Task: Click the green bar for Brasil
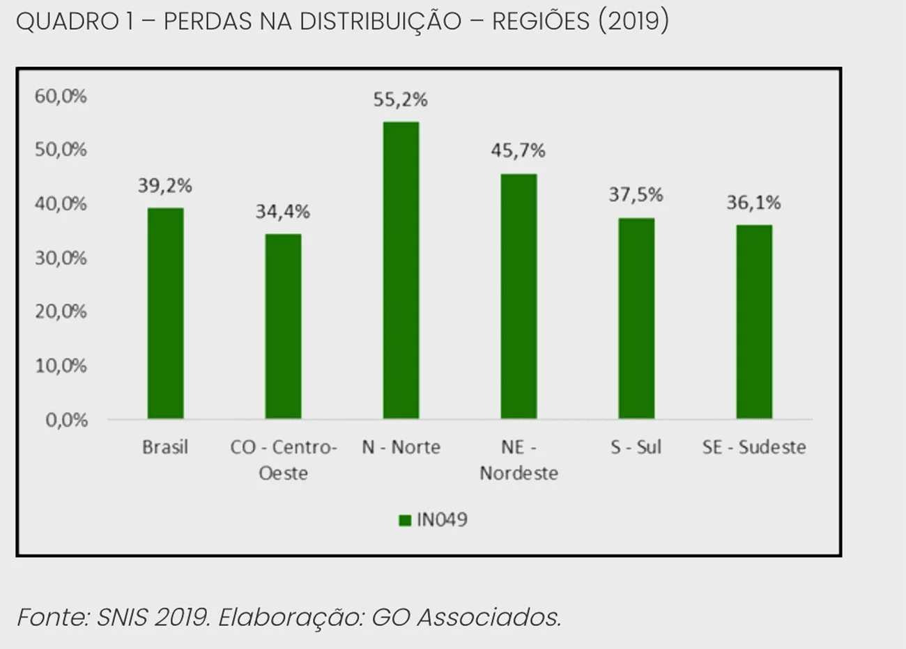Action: tap(165, 313)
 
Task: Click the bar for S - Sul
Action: tap(636, 318)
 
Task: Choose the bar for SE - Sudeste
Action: tap(754, 322)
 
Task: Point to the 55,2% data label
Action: tap(400, 100)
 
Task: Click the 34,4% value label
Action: tap(282, 212)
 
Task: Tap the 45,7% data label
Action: tap(518, 151)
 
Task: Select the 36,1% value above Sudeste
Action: tap(753, 203)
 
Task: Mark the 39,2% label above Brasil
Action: tap(164, 186)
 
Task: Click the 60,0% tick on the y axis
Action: tap(61, 96)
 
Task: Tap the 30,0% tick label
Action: tap(61, 258)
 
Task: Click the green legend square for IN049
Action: tap(405, 520)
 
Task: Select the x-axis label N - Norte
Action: tap(401, 447)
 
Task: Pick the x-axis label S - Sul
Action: tap(636, 447)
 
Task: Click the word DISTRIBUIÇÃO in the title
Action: tap(381, 22)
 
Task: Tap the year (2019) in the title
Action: tap(633, 22)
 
